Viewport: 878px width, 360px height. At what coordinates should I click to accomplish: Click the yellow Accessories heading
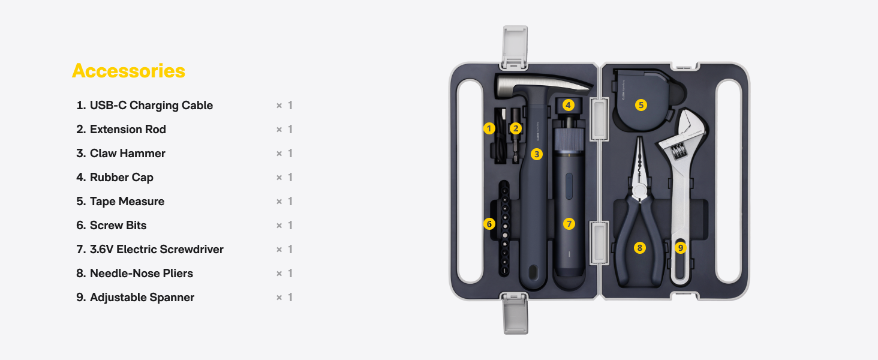[x=128, y=71]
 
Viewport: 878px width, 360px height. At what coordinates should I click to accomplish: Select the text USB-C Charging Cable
[x=151, y=105]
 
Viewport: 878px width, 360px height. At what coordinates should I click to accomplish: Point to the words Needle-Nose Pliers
[x=142, y=273]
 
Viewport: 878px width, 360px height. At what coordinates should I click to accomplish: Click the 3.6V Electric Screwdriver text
[x=157, y=249]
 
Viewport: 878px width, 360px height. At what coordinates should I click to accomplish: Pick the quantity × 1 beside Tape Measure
[x=284, y=201]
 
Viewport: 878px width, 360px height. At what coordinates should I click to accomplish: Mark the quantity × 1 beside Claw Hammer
[x=284, y=154]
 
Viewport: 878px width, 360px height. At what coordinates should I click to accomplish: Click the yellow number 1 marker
[x=489, y=128]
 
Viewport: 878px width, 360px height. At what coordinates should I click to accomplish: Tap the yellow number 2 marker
[x=515, y=128]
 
